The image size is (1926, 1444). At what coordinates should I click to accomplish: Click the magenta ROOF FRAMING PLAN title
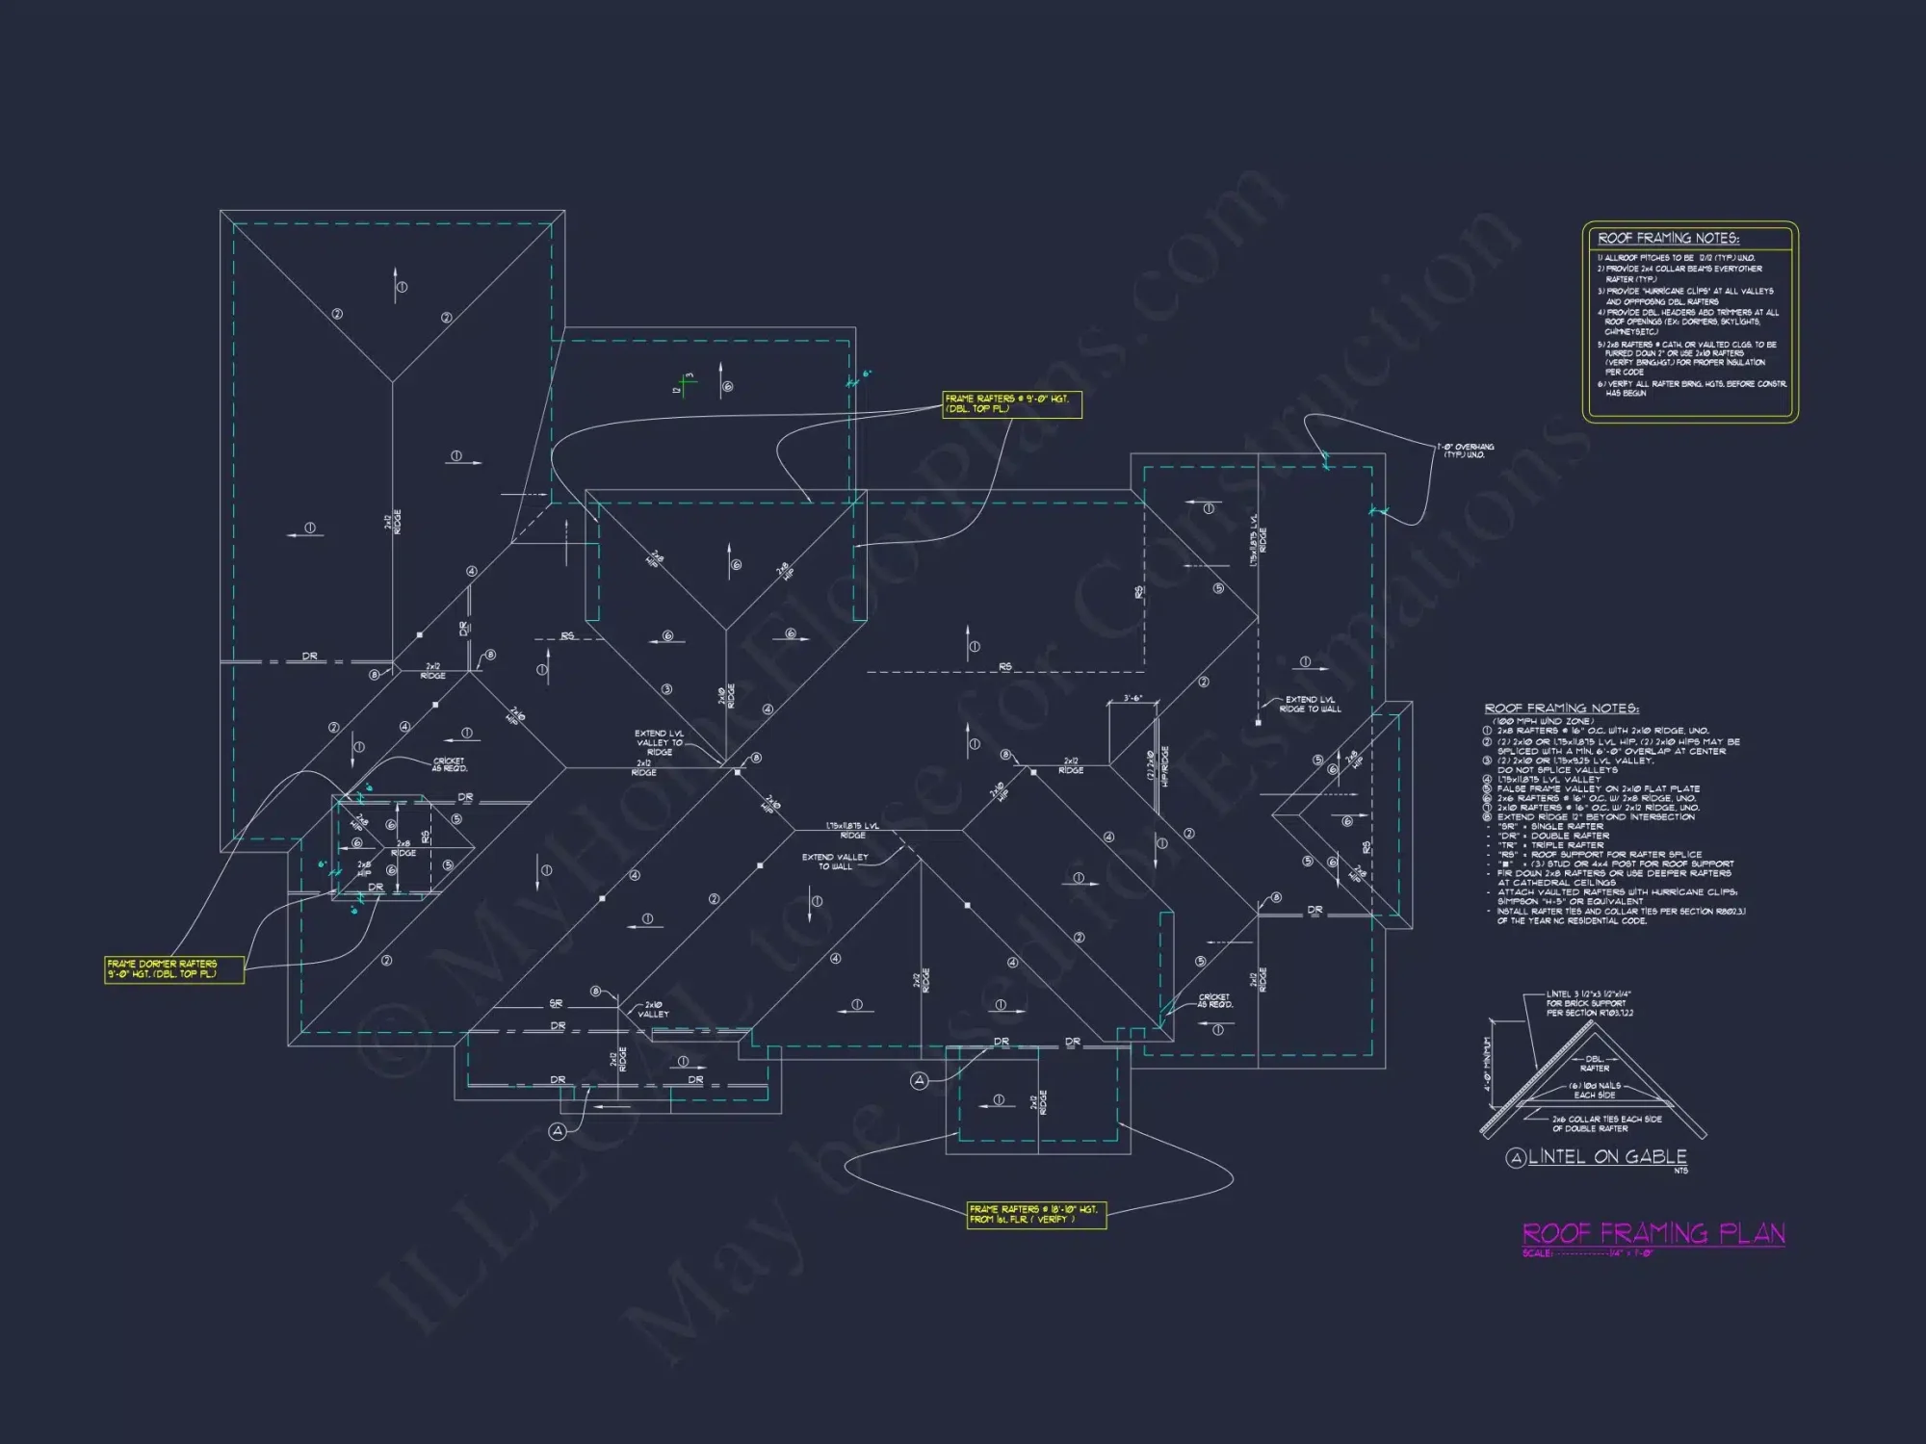pos(1653,1233)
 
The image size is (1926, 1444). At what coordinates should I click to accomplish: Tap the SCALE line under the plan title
pos(1587,1253)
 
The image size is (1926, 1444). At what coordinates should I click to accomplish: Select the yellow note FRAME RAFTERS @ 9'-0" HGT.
pos(1011,403)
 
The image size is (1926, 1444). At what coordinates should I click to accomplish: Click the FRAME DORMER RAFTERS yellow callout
pos(173,968)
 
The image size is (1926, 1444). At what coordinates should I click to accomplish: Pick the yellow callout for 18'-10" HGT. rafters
pos(1036,1214)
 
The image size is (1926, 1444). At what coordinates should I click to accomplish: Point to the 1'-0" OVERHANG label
pos(1466,451)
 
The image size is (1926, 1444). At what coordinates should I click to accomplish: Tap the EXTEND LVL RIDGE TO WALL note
pos(1310,704)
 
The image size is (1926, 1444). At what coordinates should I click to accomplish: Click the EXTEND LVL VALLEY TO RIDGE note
pos(660,742)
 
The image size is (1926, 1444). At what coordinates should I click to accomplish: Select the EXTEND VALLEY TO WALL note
pos(835,861)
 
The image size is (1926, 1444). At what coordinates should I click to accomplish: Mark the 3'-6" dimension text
pos(1132,698)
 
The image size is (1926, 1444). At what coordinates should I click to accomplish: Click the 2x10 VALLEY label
pos(653,1009)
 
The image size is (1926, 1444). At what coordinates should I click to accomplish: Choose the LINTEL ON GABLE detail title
pos(1607,1156)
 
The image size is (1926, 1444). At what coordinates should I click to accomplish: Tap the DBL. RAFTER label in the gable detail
pos(1595,1064)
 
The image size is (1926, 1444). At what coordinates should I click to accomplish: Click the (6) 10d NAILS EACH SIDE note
pos(1595,1090)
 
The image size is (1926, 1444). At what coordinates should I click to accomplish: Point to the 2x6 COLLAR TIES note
pos(1606,1123)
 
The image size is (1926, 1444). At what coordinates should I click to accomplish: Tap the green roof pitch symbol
pos(685,384)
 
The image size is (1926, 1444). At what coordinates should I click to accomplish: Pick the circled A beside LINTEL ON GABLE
pos(1516,1157)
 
